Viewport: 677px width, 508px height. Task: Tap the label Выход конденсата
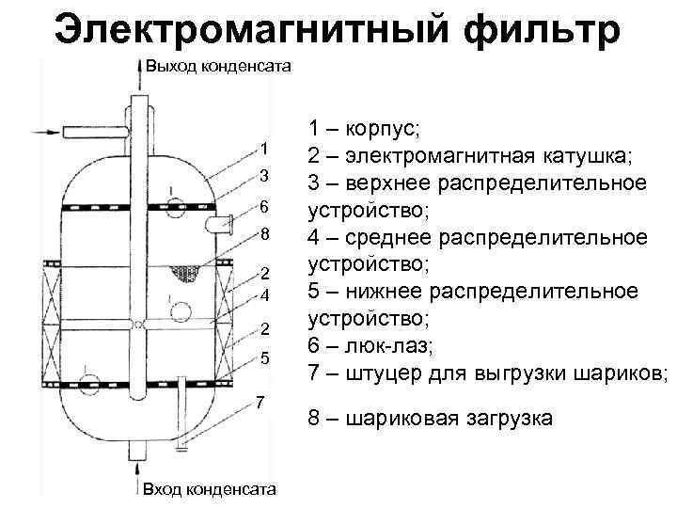click(x=215, y=66)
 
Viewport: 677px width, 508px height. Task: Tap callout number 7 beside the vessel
click(x=260, y=404)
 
